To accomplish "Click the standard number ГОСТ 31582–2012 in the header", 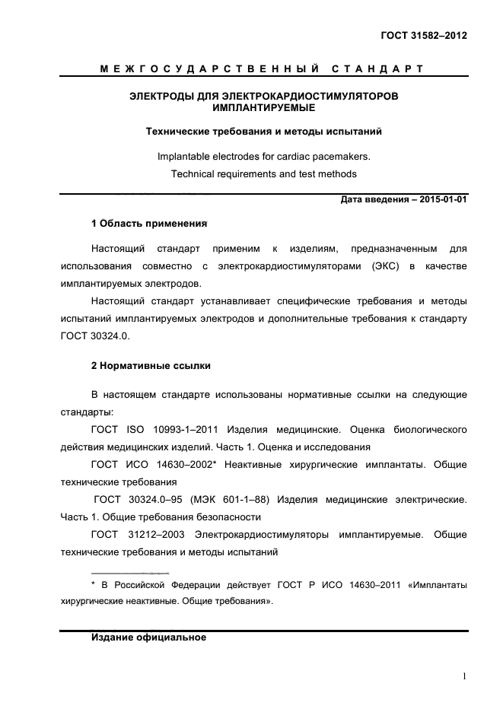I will point(422,35).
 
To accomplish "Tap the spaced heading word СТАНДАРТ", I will point(378,70).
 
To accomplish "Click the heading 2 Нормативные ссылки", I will point(151,366).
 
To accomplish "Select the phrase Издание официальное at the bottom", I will point(148,637).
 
